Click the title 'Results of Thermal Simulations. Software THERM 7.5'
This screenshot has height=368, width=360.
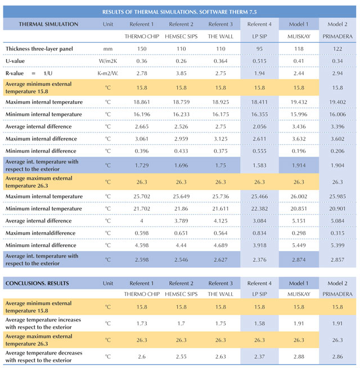coord(179,12)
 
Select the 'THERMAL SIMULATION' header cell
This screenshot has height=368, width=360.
coord(48,24)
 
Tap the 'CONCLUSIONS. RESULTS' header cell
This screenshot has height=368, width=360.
coord(37,283)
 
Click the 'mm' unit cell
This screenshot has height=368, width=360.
coord(108,49)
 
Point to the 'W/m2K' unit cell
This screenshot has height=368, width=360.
coord(108,61)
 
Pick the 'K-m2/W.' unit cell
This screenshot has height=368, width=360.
coord(108,73)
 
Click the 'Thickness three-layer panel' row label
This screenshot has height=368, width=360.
coord(39,49)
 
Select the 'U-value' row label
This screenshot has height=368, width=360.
coord(15,61)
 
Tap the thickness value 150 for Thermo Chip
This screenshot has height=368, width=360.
coord(142,49)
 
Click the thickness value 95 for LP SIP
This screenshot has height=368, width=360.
coord(259,49)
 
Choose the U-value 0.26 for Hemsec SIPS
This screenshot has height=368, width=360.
coord(181,61)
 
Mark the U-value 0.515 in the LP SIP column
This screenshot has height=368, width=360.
coord(259,61)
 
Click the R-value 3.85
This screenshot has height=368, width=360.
coord(181,73)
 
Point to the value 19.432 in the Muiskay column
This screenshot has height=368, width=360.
coord(299,102)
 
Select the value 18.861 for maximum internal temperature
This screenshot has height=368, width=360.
coord(142,102)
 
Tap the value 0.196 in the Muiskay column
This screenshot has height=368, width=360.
coord(299,151)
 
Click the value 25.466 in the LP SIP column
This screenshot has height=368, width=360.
coord(259,197)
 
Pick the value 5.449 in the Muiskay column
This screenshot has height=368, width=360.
coord(299,246)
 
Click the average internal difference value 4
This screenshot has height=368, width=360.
coord(142,221)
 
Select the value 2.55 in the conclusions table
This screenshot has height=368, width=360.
coord(181,357)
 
